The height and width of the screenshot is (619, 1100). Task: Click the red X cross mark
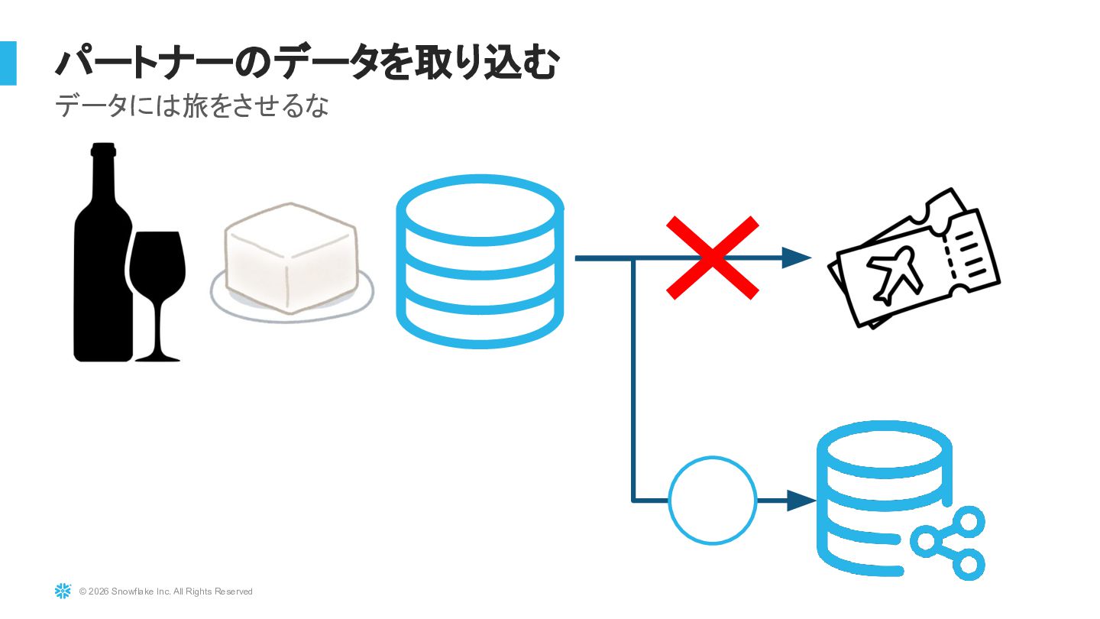(712, 258)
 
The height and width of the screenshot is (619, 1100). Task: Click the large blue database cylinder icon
(480, 260)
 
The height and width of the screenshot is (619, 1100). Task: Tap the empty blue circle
(712, 501)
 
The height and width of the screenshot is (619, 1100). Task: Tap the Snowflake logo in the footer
(63, 591)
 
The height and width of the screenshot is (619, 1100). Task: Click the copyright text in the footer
(166, 591)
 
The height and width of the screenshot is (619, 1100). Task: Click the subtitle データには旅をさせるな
(192, 106)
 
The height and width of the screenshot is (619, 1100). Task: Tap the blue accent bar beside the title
(8, 63)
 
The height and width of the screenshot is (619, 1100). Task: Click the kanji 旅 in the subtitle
(197, 106)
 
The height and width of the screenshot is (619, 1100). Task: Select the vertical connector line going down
(633, 382)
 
